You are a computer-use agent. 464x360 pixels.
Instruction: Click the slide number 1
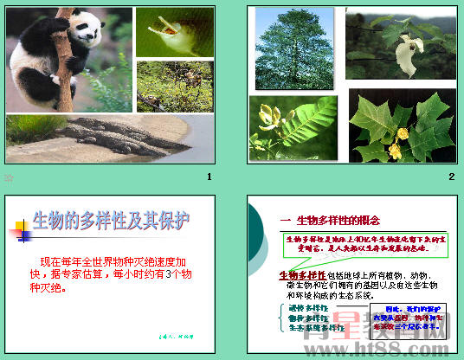pos(209,177)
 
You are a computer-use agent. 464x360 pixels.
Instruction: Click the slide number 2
pos(451,177)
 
